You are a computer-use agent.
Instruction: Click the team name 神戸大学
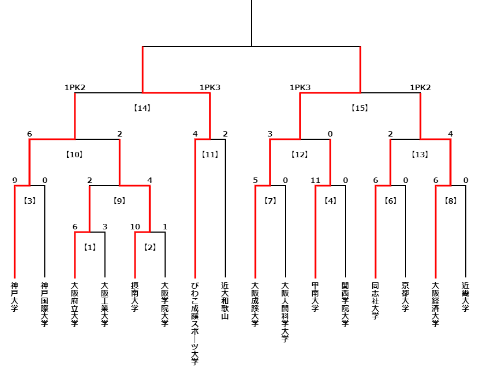(x=15, y=297)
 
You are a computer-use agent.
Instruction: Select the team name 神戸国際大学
(x=45, y=304)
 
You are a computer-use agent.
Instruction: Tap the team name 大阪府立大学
(x=75, y=304)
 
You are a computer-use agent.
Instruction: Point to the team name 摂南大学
(x=135, y=297)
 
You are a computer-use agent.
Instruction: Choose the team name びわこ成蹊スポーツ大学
(x=195, y=323)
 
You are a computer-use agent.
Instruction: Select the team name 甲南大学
(x=315, y=297)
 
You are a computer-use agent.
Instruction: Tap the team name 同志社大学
(x=375, y=300)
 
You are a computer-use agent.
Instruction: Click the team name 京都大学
(x=405, y=297)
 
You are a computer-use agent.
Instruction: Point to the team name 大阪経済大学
(x=436, y=304)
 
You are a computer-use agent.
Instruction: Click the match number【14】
(x=142, y=108)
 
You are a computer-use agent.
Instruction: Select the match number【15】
(x=360, y=108)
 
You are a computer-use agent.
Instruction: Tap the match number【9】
(x=119, y=201)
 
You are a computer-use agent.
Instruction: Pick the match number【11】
(x=210, y=155)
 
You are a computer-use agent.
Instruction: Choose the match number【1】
(x=90, y=247)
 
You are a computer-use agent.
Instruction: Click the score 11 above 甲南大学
(x=315, y=180)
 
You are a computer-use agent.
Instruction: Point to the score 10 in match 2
(x=135, y=227)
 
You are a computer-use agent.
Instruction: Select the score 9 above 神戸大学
(x=15, y=180)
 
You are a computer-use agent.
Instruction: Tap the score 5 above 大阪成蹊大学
(x=255, y=180)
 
